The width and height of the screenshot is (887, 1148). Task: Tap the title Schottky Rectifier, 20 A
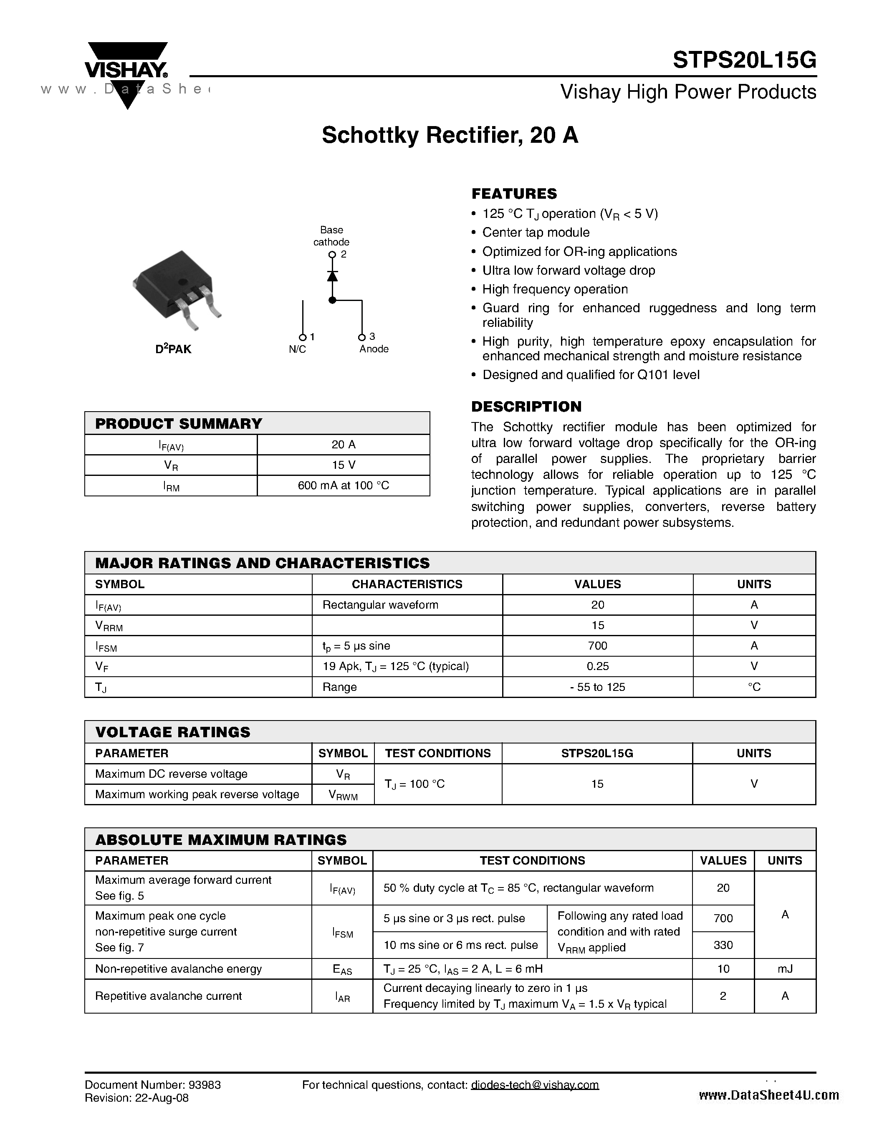[x=450, y=136]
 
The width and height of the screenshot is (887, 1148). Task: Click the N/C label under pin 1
[x=298, y=349]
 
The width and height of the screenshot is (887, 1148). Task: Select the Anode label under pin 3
[x=374, y=349]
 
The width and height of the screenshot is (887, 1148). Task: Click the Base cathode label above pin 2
[x=331, y=236]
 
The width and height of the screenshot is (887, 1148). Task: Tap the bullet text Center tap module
[x=536, y=233]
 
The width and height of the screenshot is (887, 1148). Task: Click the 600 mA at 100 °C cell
[x=343, y=485]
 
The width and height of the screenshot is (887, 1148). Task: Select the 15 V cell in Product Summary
[x=343, y=465]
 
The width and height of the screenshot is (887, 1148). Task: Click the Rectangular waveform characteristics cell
[x=380, y=605]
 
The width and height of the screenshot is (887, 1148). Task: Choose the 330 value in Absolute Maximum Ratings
[x=723, y=945]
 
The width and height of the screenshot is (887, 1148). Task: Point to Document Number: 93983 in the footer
[x=152, y=1085]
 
